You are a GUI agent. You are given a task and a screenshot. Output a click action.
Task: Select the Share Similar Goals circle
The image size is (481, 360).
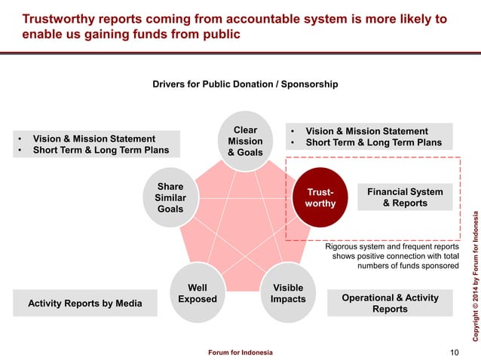pos(170,197)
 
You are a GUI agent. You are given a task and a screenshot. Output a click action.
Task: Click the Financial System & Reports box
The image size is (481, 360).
pos(405,197)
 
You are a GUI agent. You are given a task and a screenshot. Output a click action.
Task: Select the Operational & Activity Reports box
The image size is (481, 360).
pos(390,304)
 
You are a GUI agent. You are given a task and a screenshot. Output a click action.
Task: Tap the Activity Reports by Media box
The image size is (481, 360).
pos(84,304)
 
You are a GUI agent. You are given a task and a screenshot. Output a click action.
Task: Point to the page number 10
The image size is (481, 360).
pos(453,352)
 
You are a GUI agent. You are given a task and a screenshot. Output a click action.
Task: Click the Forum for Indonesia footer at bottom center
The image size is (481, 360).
pos(240,352)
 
